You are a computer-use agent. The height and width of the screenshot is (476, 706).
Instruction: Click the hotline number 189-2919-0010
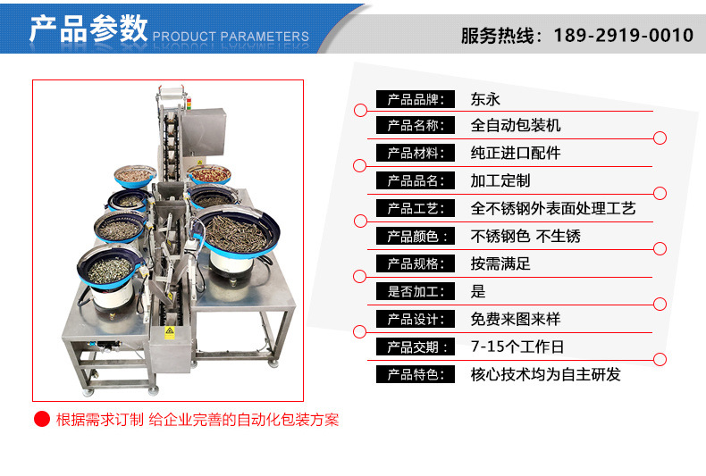click(623, 35)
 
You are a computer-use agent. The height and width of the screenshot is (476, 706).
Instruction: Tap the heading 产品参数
click(88, 28)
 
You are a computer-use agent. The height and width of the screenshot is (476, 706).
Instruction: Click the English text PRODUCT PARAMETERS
click(231, 37)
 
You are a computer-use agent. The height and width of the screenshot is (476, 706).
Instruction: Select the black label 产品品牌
click(416, 99)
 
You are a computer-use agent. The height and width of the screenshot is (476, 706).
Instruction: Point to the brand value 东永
click(485, 99)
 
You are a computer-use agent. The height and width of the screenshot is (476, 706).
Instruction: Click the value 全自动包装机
click(516, 125)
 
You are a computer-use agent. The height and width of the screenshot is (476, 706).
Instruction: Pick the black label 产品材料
click(416, 153)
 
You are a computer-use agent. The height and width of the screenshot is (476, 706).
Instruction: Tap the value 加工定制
click(500, 180)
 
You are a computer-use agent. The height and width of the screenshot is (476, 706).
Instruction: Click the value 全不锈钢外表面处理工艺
click(553, 208)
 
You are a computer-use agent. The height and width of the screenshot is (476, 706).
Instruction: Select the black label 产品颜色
click(416, 236)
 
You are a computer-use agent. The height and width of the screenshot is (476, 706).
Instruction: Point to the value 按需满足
click(500, 263)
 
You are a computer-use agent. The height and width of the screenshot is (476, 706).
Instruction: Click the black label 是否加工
click(416, 291)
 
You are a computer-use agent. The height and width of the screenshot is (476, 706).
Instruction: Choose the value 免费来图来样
click(516, 319)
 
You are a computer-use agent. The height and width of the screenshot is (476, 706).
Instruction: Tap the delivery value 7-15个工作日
click(517, 347)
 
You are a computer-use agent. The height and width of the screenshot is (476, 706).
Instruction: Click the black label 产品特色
click(416, 374)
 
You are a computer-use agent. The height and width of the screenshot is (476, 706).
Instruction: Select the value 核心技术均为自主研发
click(546, 374)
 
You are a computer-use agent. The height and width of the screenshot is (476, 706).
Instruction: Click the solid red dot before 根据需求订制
click(42, 420)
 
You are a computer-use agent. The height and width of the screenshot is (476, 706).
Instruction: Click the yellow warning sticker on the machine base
click(169, 332)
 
